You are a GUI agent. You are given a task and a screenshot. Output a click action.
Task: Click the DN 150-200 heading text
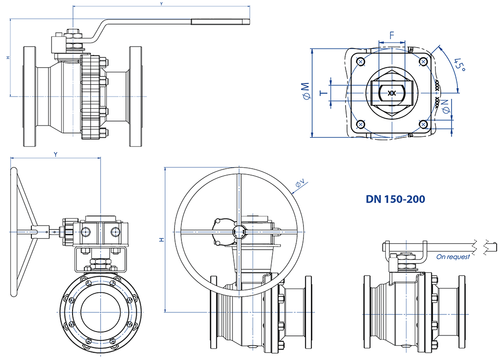coord(395,199)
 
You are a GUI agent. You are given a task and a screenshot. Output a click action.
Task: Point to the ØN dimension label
coord(446,106)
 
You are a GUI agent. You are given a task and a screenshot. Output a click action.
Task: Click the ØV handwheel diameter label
coord(300,184)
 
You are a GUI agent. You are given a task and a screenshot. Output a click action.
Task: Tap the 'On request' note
coord(452,257)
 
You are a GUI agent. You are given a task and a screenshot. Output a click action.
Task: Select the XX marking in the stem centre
coord(391,93)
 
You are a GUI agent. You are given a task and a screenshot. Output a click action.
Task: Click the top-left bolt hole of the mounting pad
coord(361,61)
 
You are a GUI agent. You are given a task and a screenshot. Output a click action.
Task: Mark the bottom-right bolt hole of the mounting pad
coord(424,124)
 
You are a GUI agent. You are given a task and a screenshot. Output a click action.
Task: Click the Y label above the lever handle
coord(161,4)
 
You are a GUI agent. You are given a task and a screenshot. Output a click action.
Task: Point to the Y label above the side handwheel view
coord(55,154)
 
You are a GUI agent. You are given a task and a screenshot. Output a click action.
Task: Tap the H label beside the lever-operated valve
coord(7,57)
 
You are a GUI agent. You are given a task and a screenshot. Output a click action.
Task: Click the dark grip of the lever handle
coord(220,21)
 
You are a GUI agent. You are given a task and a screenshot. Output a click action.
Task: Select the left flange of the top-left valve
coord(30,96)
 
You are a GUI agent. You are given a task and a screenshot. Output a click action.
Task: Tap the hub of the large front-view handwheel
coord(238,231)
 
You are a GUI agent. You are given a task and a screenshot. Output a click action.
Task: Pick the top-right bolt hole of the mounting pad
coord(424,61)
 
